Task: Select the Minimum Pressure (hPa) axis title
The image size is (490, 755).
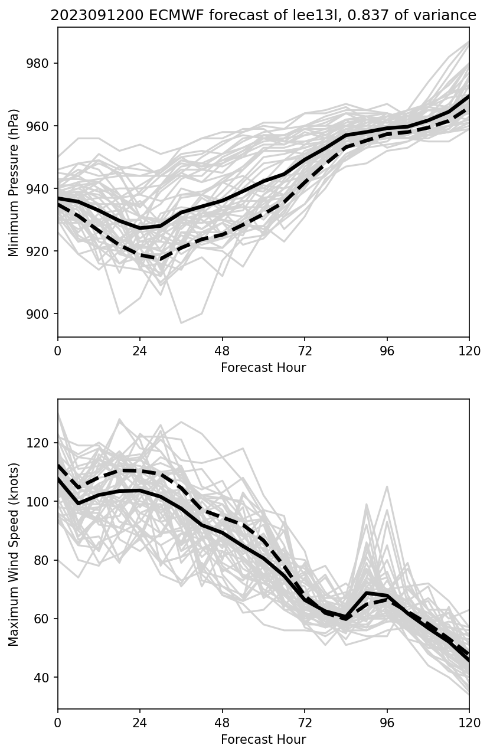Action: (x=14, y=182)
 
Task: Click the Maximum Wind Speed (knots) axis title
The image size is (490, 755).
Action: (x=14, y=554)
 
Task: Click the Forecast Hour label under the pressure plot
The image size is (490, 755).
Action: (x=263, y=368)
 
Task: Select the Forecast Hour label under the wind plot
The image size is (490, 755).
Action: (x=263, y=740)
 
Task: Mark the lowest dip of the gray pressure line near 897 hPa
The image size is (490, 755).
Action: (x=181, y=323)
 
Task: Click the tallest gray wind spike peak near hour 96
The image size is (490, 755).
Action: (x=387, y=486)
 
